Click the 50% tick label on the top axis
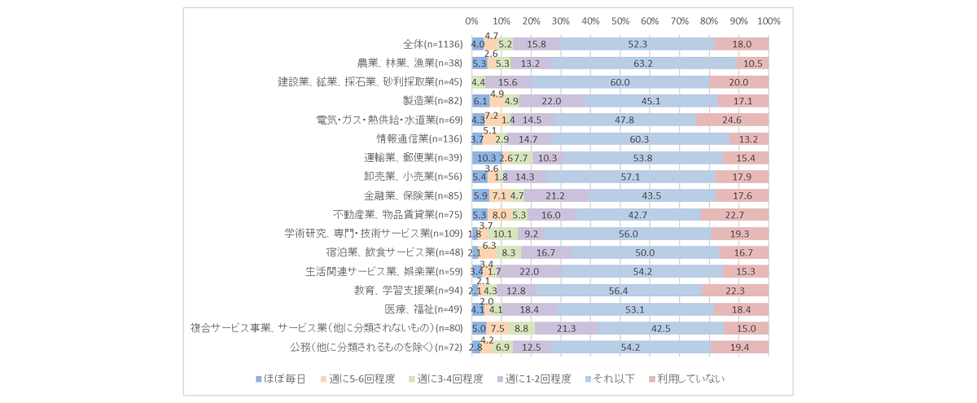coord(620,20)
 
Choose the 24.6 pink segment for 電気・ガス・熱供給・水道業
coord(732,120)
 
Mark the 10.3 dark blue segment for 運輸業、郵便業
coord(487,158)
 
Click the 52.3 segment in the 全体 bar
coord(638,44)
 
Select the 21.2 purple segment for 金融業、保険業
coord(556,195)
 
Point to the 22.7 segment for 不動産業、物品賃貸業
coord(734,215)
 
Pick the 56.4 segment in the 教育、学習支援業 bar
coord(619,291)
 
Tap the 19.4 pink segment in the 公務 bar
coord(739,348)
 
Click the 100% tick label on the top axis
coord(769,20)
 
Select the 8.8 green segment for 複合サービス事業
coord(522,329)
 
